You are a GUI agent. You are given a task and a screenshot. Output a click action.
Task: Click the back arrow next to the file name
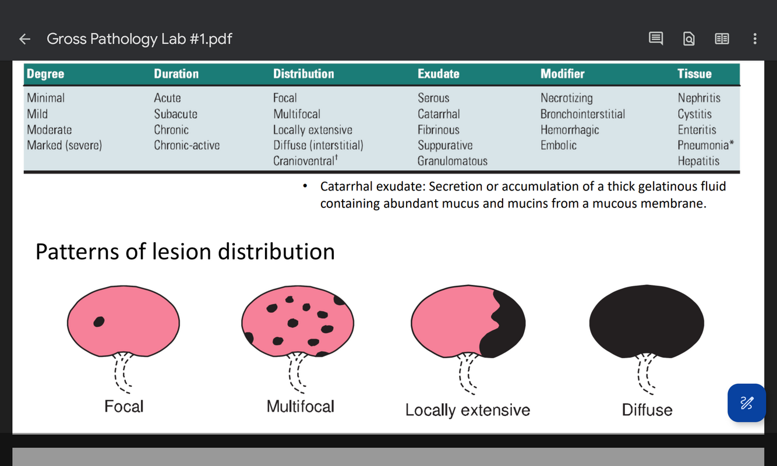(24, 39)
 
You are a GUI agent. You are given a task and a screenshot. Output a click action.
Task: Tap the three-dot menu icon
(754, 39)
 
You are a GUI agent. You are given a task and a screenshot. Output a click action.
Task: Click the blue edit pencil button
(746, 403)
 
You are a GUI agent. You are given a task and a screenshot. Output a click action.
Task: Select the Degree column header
(45, 74)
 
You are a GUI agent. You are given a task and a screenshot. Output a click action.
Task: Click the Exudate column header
(438, 74)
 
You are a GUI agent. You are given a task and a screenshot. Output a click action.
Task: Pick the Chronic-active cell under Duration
(186, 145)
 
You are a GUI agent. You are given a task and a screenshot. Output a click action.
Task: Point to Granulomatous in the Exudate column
(452, 161)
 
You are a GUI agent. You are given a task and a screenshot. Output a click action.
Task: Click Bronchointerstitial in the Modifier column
(582, 114)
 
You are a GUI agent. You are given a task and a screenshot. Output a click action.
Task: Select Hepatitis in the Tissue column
(698, 161)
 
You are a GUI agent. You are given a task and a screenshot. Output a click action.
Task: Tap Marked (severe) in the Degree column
(64, 145)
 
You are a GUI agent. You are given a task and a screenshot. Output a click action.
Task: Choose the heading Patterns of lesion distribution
(185, 252)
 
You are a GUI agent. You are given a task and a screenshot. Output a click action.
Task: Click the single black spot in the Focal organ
(100, 321)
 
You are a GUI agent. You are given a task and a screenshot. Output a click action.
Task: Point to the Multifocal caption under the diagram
(300, 406)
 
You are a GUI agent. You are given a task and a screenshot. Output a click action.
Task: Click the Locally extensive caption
(467, 410)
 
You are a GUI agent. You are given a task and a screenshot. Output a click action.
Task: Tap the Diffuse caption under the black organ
(647, 410)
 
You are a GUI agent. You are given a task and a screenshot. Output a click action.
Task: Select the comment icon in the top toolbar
(655, 39)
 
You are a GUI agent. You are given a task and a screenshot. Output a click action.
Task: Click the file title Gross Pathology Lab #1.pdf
(139, 39)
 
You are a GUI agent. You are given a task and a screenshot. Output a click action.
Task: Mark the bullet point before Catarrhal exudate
(305, 187)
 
